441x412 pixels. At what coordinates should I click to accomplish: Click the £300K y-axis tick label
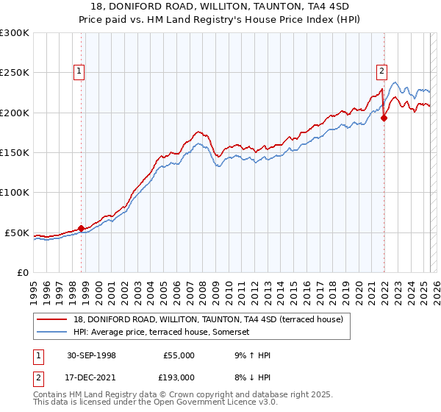15,33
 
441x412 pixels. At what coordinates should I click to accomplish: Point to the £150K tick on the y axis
15,153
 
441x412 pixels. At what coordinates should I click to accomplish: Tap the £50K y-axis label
17,232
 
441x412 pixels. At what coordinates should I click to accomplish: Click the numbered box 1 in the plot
79,71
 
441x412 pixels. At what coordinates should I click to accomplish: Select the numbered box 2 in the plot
382,71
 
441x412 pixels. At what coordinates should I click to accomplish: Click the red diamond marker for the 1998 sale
82,228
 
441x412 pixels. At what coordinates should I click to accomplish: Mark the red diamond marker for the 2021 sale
384,118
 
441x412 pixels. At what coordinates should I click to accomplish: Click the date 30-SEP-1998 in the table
91,355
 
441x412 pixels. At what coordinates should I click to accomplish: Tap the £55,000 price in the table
179,355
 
